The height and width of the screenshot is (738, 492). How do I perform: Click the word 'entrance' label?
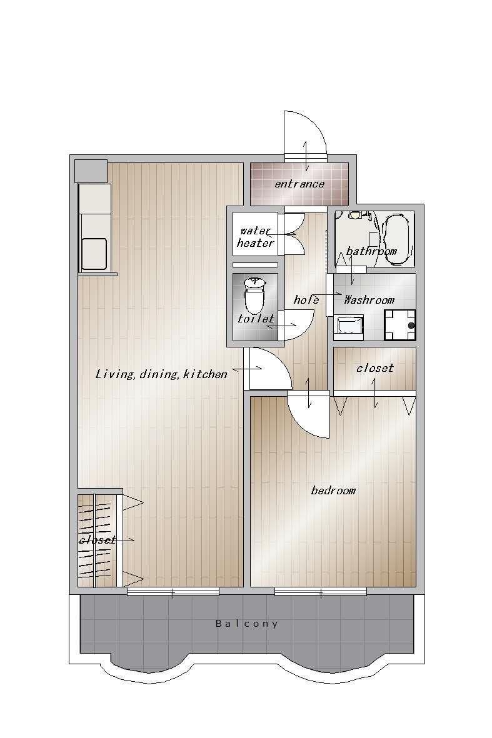299,184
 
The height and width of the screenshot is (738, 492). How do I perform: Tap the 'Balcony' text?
247,624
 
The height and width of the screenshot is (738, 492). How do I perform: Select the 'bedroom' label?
333,491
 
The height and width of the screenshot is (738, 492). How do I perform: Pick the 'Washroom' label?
369,300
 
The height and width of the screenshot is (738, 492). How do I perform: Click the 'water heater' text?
256,237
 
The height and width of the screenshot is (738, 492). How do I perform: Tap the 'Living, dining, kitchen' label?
161,375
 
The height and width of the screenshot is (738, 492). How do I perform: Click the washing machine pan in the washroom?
399,325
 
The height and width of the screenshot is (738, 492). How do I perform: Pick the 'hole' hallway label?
306,300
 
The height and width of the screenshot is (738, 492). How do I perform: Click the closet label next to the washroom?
374,367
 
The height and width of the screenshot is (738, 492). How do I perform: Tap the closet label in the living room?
98,540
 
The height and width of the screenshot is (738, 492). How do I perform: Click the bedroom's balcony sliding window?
321,592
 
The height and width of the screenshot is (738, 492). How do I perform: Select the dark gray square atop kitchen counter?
91,171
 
